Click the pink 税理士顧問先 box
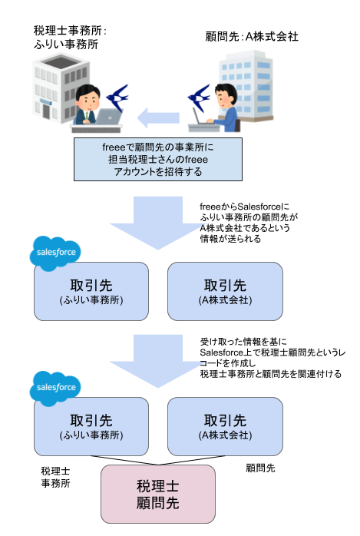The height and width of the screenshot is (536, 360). (x=158, y=494)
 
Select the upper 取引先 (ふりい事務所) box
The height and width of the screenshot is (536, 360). (x=91, y=291)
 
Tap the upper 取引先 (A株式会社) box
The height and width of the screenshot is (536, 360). (x=225, y=291)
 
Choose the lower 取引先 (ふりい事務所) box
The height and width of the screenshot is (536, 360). (x=91, y=426)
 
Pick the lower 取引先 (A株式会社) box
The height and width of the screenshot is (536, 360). (x=225, y=426)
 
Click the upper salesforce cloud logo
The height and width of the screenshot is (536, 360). (x=55, y=253)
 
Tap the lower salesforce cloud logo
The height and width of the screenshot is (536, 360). (x=55, y=388)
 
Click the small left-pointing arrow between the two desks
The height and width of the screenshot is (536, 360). (x=158, y=118)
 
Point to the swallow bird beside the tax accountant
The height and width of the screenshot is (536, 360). (x=117, y=98)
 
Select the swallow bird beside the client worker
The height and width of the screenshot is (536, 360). (x=199, y=98)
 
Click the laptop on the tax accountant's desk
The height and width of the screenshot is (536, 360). (x=109, y=116)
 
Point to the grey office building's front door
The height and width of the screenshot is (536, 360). (x=46, y=111)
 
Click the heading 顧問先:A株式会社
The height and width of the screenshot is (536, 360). (x=252, y=37)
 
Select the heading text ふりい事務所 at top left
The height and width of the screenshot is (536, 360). (x=66, y=45)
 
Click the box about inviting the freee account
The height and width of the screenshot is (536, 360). (x=158, y=159)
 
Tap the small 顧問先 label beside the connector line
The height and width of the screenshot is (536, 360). (x=260, y=468)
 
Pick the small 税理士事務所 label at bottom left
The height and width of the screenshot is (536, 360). (x=55, y=477)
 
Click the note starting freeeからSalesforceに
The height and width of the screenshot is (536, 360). (x=249, y=223)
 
